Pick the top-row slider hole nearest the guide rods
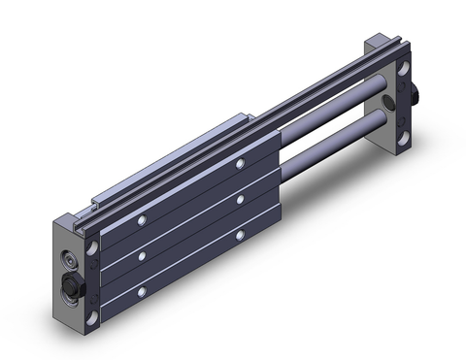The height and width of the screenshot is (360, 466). pyautogui.click(x=239, y=166)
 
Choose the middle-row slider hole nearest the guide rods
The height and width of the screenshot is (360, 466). pyautogui.click(x=239, y=200)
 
